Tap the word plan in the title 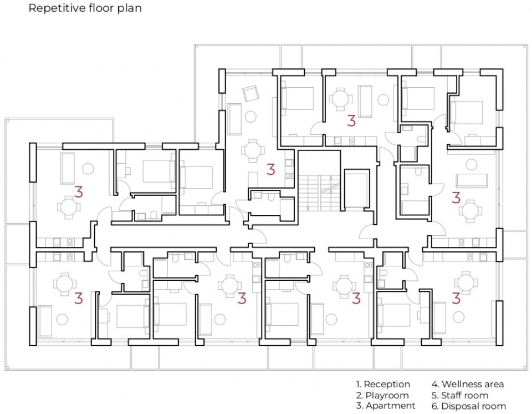(x=129, y=8)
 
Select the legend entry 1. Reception (x=383, y=385)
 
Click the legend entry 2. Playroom (x=382, y=395)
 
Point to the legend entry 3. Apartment (x=386, y=406)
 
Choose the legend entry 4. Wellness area (x=468, y=385)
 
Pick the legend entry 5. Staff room (x=460, y=395)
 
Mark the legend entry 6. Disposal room (x=469, y=406)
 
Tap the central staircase (x=319, y=193)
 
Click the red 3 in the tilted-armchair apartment (x=270, y=169)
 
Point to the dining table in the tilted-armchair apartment (x=253, y=150)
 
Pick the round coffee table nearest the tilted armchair (x=250, y=117)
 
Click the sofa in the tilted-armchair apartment (x=234, y=119)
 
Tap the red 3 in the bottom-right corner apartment (x=456, y=298)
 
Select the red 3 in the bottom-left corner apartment (x=78, y=298)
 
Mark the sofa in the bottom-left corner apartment (x=45, y=321)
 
